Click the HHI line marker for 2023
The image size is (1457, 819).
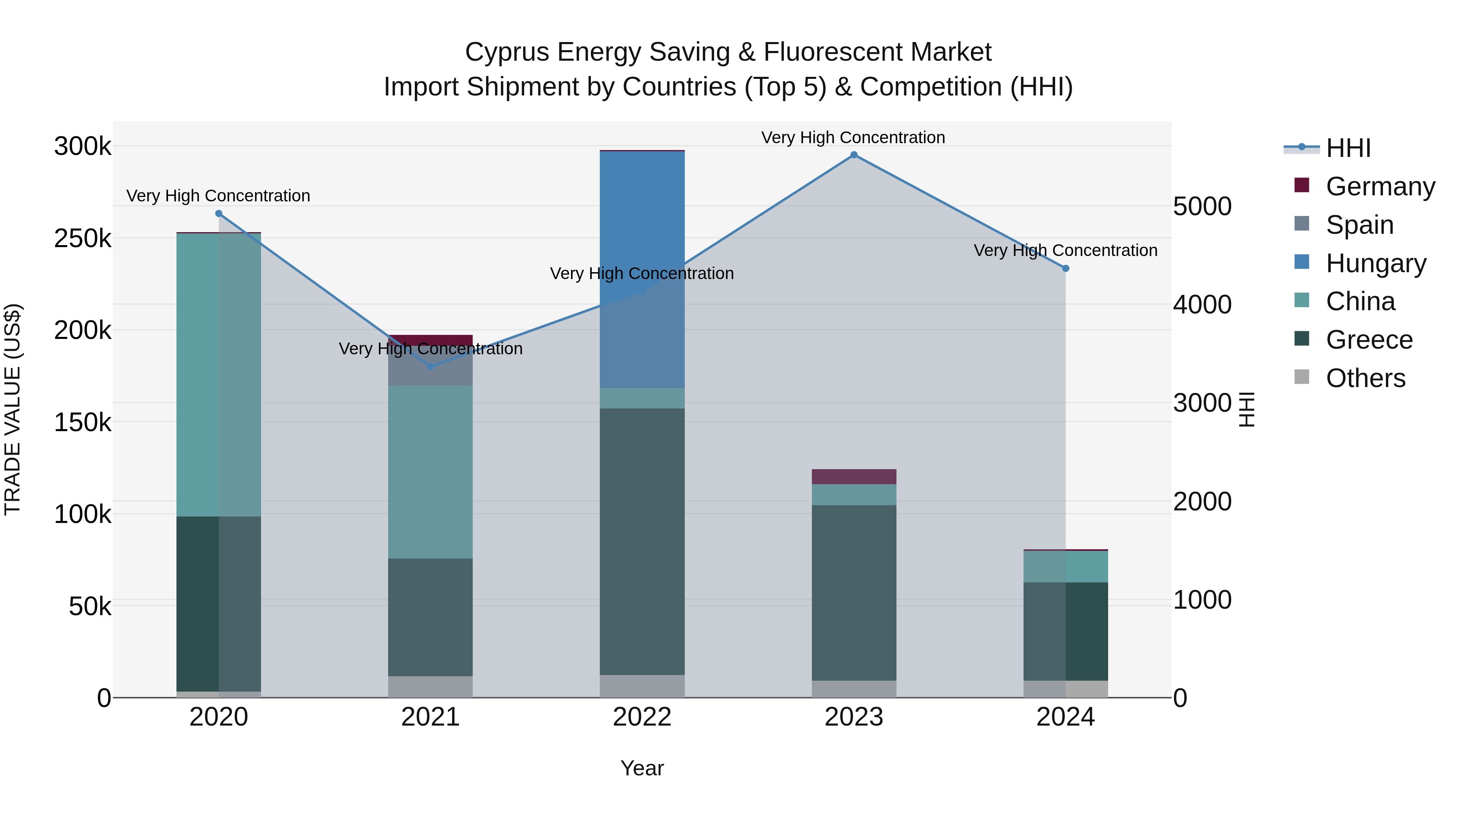pyautogui.click(x=854, y=155)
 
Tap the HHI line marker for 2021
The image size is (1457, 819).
pyautogui.click(x=431, y=367)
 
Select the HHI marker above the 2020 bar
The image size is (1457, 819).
pyautogui.click(x=219, y=214)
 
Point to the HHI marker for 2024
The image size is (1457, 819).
pyautogui.click(x=1066, y=269)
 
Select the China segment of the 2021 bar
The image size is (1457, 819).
pyautogui.click(x=431, y=472)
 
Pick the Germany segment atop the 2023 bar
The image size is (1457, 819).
pyautogui.click(x=854, y=476)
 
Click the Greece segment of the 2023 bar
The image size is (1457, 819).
pyautogui.click(x=854, y=593)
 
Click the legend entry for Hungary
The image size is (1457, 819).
pyautogui.click(x=1376, y=263)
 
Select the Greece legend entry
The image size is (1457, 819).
pyautogui.click(x=1369, y=340)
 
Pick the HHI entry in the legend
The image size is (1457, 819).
pyautogui.click(x=1348, y=148)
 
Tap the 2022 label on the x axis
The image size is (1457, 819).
pyautogui.click(x=642, y=717)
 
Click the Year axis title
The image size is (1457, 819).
pyautogui.click(x=642, y=768)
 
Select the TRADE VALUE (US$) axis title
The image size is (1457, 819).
pyautogui.click(x=13, y=409)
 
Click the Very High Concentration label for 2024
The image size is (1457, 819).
pyautogui.click(x=1066, y=250)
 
